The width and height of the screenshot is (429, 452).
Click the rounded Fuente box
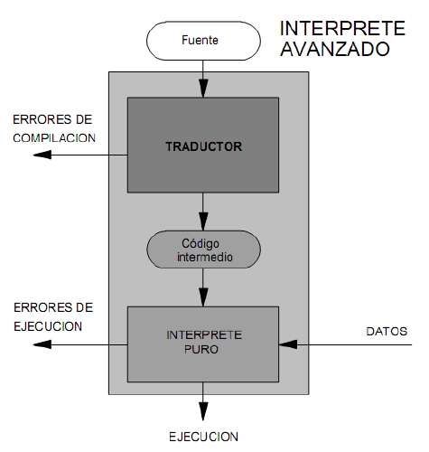click(x=200, y=40)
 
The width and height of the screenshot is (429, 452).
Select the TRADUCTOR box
click(x=204, y=145)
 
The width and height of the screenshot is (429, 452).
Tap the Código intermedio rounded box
click(x=204, y=250)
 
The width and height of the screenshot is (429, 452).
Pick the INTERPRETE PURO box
click(x=204, y=344)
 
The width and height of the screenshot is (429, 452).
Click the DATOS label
click(x=387, y=330)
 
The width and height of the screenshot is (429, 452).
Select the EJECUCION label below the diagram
click(x=204, y=437)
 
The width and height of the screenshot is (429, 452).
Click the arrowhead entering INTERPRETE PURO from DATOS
click(x=286, y=344)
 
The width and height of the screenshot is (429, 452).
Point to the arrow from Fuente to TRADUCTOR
click(x=204, y=77)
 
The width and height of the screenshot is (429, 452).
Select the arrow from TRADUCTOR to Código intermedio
click(x=204, y=212)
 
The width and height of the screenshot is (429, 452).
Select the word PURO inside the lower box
click(x=203, y=351)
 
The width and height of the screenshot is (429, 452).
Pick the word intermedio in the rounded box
click(x=204, y=257)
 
